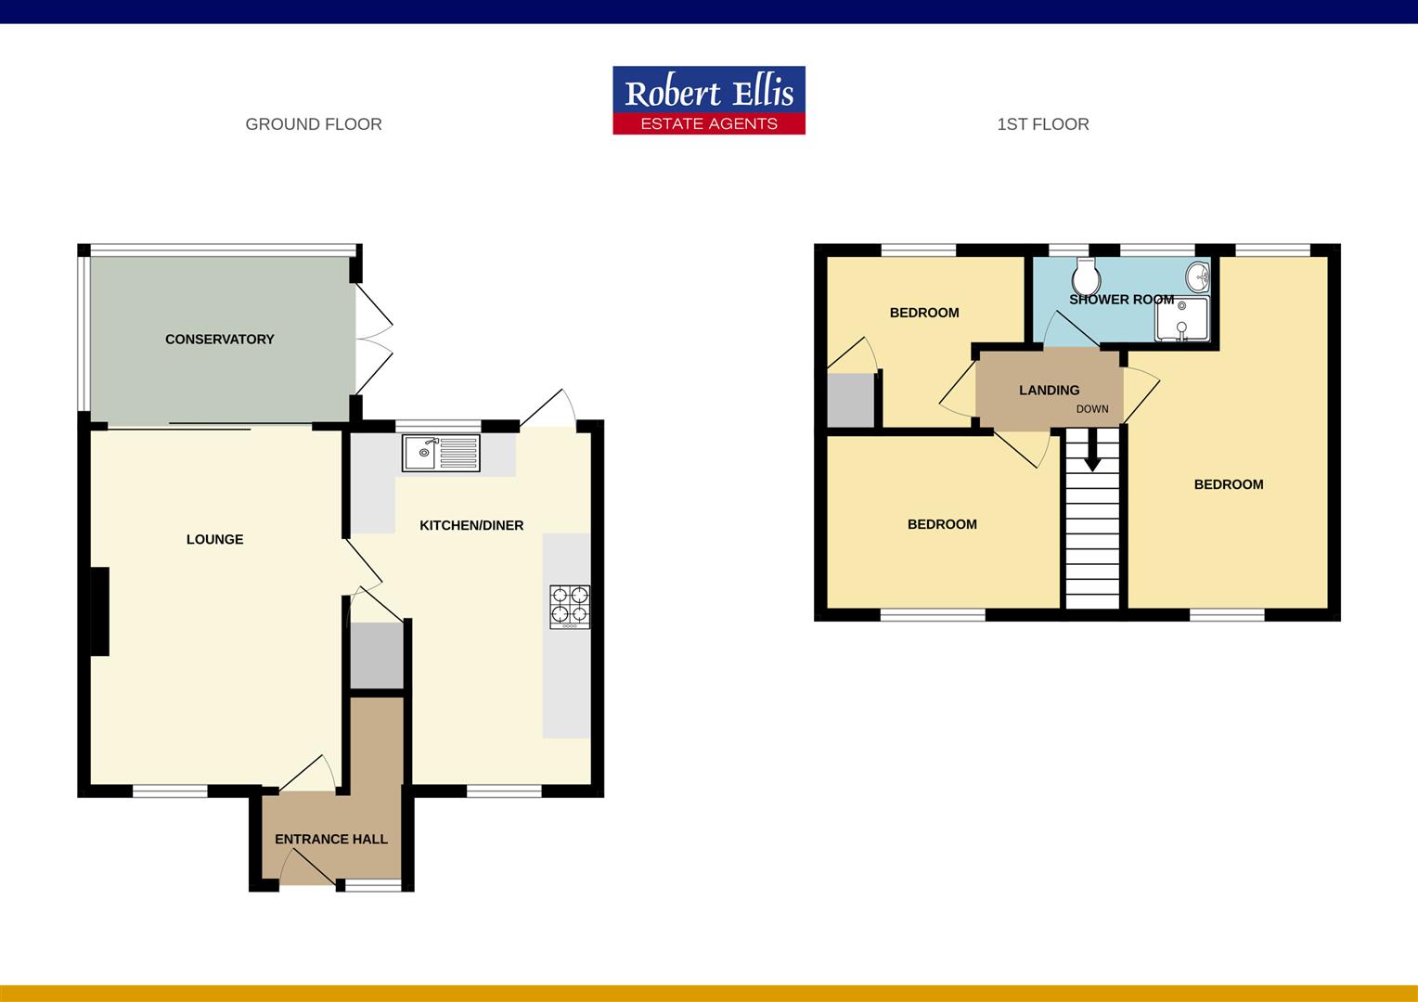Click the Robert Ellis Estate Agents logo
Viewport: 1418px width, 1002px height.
pyautogui.click(x=709, y=100)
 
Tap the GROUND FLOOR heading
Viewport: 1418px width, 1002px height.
pyautogui.click(x=314, y=124)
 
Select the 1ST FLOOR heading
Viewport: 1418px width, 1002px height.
pyautogui.click(x=1042, y=124)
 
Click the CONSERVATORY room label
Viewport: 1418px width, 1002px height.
pyautogui.click(x=220, y=340)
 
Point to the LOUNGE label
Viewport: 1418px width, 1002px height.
pyautogui.click(x=214, y=539)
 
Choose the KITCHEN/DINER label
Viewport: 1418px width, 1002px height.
pyautogui.click(x=471, y=525)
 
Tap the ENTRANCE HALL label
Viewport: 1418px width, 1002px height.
pyautogui.click(x=331, y=839)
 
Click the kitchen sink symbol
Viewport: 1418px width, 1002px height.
pyautogui.click(x=441, y=454)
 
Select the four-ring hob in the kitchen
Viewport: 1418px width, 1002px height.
pyautogui.click(x=570, y=605)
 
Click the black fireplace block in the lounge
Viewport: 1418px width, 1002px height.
pyautogui.click(x=99, y=611)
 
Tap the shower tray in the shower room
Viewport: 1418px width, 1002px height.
pyautogui.click(x=1181, y=319)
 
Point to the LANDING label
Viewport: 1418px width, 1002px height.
pyautogui.click(x=1049, y=391)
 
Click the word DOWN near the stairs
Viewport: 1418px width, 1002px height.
pyautogui.click(x=1092, y=409)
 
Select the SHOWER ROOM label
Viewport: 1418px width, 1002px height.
pyautogui.click(x=1121, y=300)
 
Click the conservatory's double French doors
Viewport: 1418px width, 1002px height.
pyautogui.click(x=373, y=338)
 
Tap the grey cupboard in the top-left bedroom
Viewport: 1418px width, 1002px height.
pyautogui.click(x=850, y=400)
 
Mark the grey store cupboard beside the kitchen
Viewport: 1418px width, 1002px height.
pyautogui.click(x=376, y=655)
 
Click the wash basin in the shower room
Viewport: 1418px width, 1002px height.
pyautogui.click(x=1197, y=275)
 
